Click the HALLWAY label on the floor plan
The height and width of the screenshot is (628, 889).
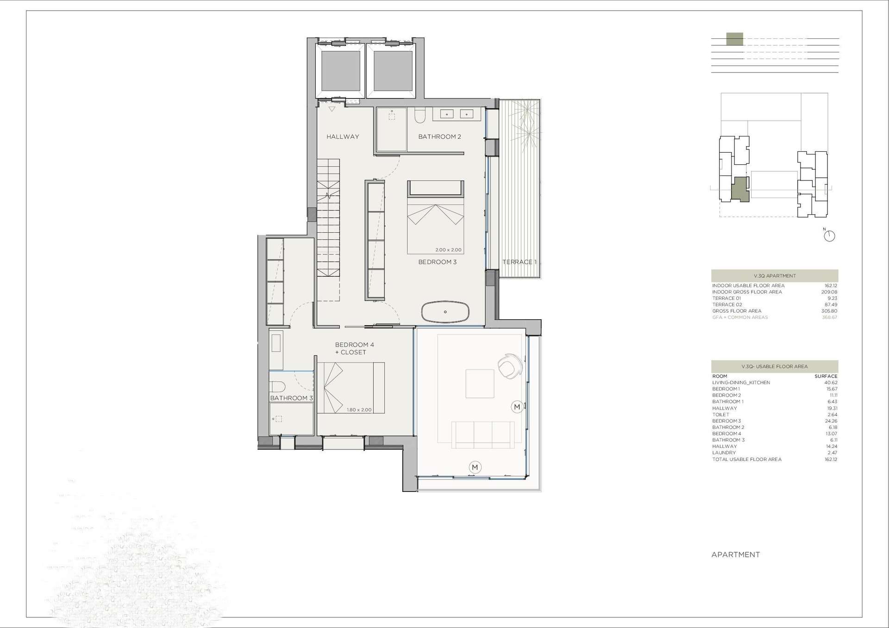click(343, 137)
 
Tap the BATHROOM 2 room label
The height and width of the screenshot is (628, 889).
click(439, 137)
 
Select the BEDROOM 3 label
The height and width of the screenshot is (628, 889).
click(437, 262)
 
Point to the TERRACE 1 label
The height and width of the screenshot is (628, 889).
click(520, 262)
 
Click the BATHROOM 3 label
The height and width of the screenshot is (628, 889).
click(291, 398)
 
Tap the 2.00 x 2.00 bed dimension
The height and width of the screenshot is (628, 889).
click(448, 250)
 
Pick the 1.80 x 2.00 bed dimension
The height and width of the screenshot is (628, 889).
click(359, 410)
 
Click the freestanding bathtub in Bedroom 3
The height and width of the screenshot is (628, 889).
click(445, 312)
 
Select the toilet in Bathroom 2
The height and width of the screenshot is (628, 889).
click(420, 115)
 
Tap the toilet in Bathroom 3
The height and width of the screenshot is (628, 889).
click(277, 386)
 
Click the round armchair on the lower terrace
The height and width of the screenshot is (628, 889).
click(510, 366)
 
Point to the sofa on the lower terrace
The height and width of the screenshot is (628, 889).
click(483, 435)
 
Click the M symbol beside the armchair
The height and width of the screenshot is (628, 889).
click(517, 407)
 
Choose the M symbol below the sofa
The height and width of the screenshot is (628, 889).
click(475, 467)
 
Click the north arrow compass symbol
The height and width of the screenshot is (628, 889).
click(829, 236)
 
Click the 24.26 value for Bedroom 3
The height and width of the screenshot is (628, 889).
click(831, 421)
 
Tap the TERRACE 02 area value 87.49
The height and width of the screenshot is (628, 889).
click(831, 305)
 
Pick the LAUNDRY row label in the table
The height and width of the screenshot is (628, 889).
click(724, 453)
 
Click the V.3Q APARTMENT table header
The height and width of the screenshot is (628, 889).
click(775, 276)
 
